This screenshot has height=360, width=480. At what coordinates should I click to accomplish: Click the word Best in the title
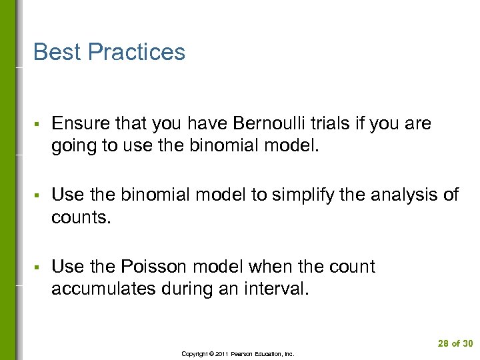[56, 52]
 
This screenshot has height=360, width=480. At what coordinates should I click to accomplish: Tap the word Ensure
[79, 123]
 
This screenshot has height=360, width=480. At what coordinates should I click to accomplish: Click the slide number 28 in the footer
[444, 344]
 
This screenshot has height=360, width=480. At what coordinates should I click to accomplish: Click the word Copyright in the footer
[194, 354]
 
